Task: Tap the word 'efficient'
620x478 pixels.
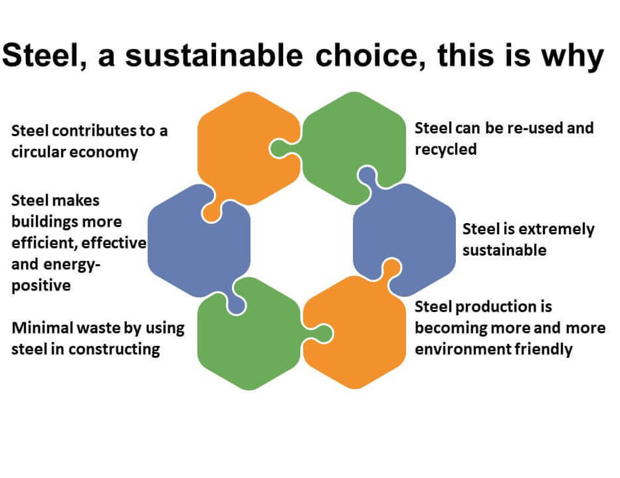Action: tap(43, 243)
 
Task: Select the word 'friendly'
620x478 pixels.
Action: tap(544, 349)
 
